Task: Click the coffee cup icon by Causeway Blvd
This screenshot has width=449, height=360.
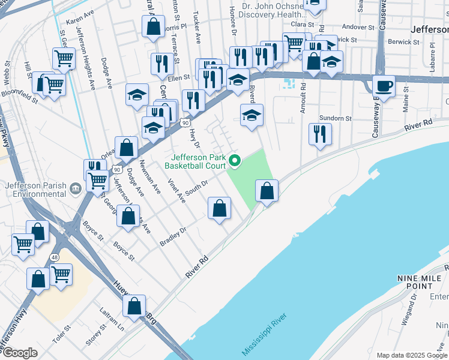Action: pyautogui.click(x=384, y=86)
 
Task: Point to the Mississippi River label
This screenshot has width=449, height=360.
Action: pyautogui.click(x=265, y=334)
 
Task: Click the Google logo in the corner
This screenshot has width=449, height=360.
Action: pyautogui.click(x=20, y=353)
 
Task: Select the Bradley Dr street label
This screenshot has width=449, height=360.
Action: pyautogui.click(x=174, y=236)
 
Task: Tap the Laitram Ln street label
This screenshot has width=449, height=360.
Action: pyautogui.click(x=112, y=320)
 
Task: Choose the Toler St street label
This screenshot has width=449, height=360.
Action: pyautogui.click(x=62, y=334)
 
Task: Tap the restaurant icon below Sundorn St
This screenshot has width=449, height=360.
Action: pyautogui.click(x=320, y=134)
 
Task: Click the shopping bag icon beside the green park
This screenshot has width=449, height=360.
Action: pyautogui.click(x=267, y=191)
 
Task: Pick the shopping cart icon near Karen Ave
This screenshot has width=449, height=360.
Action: pyautogui.click(x=64, y=58)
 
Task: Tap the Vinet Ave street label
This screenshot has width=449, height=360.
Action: pyautogui.click(x=177, y=191)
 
